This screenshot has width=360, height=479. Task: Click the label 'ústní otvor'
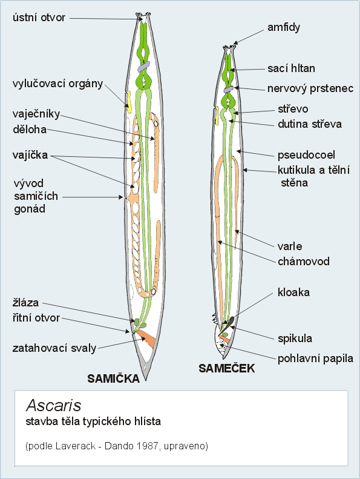39,18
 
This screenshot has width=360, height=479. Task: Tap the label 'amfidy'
284,27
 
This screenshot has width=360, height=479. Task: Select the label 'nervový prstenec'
310,88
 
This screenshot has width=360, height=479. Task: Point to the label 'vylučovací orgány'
57,84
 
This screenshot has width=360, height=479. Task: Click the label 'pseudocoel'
306,155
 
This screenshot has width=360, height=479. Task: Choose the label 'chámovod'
304,262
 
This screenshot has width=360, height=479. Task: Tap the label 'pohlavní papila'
315,358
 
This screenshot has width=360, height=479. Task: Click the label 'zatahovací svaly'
54,348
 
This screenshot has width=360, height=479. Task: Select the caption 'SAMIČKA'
114,379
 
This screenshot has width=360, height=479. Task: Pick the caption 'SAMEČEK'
226,368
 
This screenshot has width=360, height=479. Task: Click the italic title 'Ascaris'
54,406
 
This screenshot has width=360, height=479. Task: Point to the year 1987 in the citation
147,446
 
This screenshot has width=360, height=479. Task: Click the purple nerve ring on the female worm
143,67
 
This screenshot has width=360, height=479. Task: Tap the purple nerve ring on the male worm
228,90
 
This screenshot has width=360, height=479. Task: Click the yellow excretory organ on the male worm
217,116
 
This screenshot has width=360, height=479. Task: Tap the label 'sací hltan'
291,68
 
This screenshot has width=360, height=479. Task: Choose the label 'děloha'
30,130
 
